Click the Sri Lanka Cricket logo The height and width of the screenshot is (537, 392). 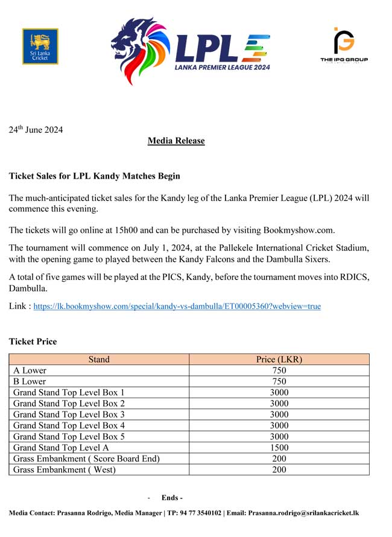[x=40, y=46]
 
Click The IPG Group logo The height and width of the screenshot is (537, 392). [x=344, y=45]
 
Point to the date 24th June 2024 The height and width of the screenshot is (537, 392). [x=36, y=130]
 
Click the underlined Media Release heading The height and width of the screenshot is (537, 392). [x=176, y=141]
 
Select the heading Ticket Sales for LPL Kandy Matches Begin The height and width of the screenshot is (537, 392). [x=94, y=176]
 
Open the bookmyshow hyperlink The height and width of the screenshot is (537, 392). [x=177, y=307]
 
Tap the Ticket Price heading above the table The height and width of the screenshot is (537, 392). [x=33, y=342]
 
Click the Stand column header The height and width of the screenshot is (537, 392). [x=99, y=360]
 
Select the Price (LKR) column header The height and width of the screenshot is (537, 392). [x=279, y=360]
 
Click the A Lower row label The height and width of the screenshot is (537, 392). [x=30, y=370]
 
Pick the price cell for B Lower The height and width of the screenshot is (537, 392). [x=279, y=381]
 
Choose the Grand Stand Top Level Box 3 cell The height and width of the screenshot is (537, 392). [x=69, y=415]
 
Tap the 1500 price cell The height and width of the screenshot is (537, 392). [x=279, y=448]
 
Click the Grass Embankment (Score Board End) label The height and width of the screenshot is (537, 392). [x=86, y=459]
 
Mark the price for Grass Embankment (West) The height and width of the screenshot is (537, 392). [x=279, y=469]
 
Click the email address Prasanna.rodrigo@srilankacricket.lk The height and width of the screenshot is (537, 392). [x=303, y=513]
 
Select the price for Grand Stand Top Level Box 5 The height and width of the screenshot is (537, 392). [x=279, y=437]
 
